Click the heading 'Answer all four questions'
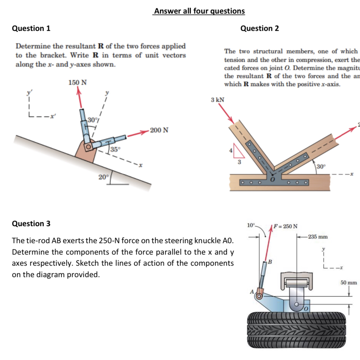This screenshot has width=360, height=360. pos(199,11)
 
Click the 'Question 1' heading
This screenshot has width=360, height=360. pos(31,28)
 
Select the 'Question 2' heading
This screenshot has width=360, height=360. pos(259,28)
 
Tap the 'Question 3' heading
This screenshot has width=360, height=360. pos(31,224)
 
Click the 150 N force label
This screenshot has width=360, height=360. pos(77,83)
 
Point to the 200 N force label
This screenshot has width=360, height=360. pos(160,130)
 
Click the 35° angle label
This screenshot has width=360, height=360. pos(115,150)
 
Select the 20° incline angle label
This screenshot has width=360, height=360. pos(103,177)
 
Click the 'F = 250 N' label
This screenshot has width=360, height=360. pos(285,226)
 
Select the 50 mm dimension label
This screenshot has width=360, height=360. pos(348,282)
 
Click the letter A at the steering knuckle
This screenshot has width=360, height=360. pos(252,292)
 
